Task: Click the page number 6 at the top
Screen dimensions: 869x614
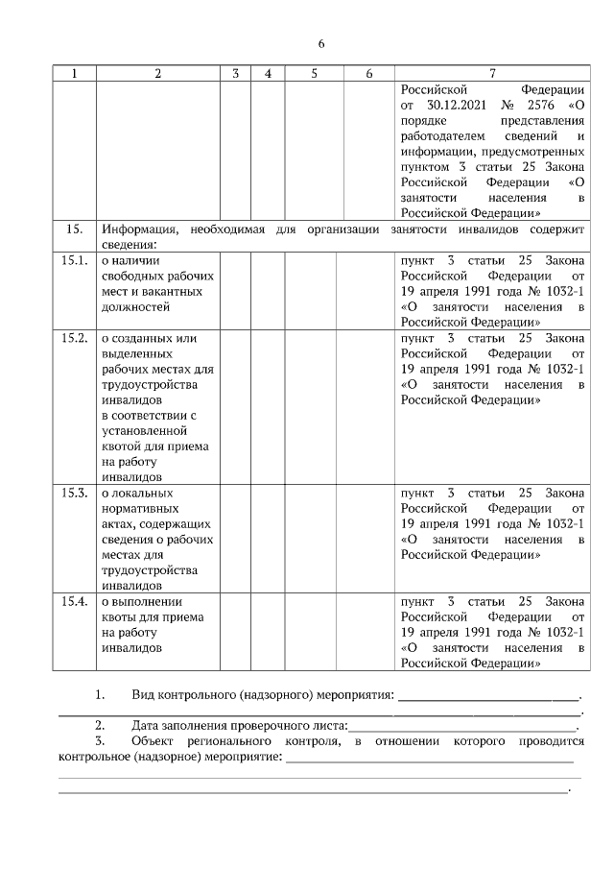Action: (x=321, y=44)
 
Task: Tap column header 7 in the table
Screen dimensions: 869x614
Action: (x=492, y=74)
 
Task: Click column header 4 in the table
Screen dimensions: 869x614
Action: (x=268, y=74)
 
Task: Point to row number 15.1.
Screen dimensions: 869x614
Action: (x=76, y=261)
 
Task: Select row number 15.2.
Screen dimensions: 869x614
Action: (x=76, y=338)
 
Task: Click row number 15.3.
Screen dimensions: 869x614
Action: (x=76, y=493)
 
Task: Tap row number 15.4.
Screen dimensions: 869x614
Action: (x=76, y=601)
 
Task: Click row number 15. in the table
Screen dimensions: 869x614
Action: (x=73, y=229)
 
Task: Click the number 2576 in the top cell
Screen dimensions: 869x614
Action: (x=540, y=105)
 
